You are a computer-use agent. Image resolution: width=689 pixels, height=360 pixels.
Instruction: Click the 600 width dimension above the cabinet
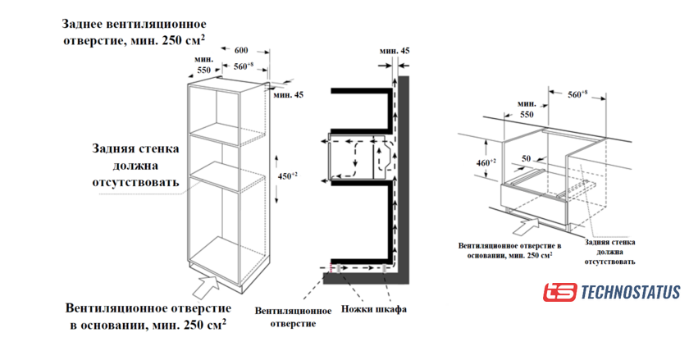[x=241, y=49]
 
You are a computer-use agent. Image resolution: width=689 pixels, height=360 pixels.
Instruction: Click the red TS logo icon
[x=559, y=293]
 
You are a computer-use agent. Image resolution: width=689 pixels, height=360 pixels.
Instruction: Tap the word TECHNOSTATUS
[x=630, y=293]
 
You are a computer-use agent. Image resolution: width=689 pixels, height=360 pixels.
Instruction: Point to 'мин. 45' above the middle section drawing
[x=395, y=51]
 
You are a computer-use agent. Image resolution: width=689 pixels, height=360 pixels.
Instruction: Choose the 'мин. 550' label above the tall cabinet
[x=203, y=65]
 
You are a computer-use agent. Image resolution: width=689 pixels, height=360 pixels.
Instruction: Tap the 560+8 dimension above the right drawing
[x=577, y=95]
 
